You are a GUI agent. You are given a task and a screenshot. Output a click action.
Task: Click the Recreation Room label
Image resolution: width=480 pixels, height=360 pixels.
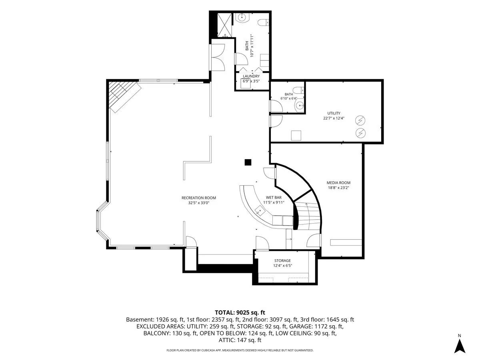coord(198,198)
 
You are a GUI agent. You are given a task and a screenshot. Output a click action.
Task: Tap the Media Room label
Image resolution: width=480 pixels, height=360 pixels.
coord(338,182)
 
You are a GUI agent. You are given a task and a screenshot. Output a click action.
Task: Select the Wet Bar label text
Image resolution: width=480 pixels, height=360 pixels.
coord(274,197)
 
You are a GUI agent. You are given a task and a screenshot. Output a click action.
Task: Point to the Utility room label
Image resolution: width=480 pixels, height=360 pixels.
coord(334,113)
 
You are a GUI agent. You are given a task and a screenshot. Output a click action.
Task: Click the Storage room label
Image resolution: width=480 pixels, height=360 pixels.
coord(282,260)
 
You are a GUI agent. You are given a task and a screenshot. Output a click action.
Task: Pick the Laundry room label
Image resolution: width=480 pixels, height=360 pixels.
coord(251,76)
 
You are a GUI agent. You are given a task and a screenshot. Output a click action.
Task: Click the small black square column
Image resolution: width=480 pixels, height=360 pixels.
coord(248,162)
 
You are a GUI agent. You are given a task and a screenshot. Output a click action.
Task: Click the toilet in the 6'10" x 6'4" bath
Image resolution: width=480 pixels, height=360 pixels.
coord(298,90)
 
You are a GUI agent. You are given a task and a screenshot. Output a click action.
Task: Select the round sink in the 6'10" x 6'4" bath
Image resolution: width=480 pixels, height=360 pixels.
coord(299,106)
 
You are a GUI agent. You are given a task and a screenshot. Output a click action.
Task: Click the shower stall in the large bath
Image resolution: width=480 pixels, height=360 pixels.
coord(224,25)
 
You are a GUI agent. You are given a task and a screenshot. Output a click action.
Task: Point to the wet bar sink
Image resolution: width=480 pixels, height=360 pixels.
coord(260,210)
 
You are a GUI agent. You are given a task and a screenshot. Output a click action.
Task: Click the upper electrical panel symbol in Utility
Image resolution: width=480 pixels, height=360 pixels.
coord(360,120)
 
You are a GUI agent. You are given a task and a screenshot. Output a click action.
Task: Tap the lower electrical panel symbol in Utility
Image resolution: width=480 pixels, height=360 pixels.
coord(360,133)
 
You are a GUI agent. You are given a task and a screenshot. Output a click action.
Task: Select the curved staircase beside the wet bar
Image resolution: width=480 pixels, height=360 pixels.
coord(308,216)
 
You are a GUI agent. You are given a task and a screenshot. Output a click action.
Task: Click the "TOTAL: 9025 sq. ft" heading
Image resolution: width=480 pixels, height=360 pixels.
coord(240,312)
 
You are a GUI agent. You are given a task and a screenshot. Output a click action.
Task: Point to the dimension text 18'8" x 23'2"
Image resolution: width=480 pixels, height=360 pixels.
coord(338,188)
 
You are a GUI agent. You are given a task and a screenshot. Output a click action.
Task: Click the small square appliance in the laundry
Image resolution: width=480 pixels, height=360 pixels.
coord(246,84)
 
